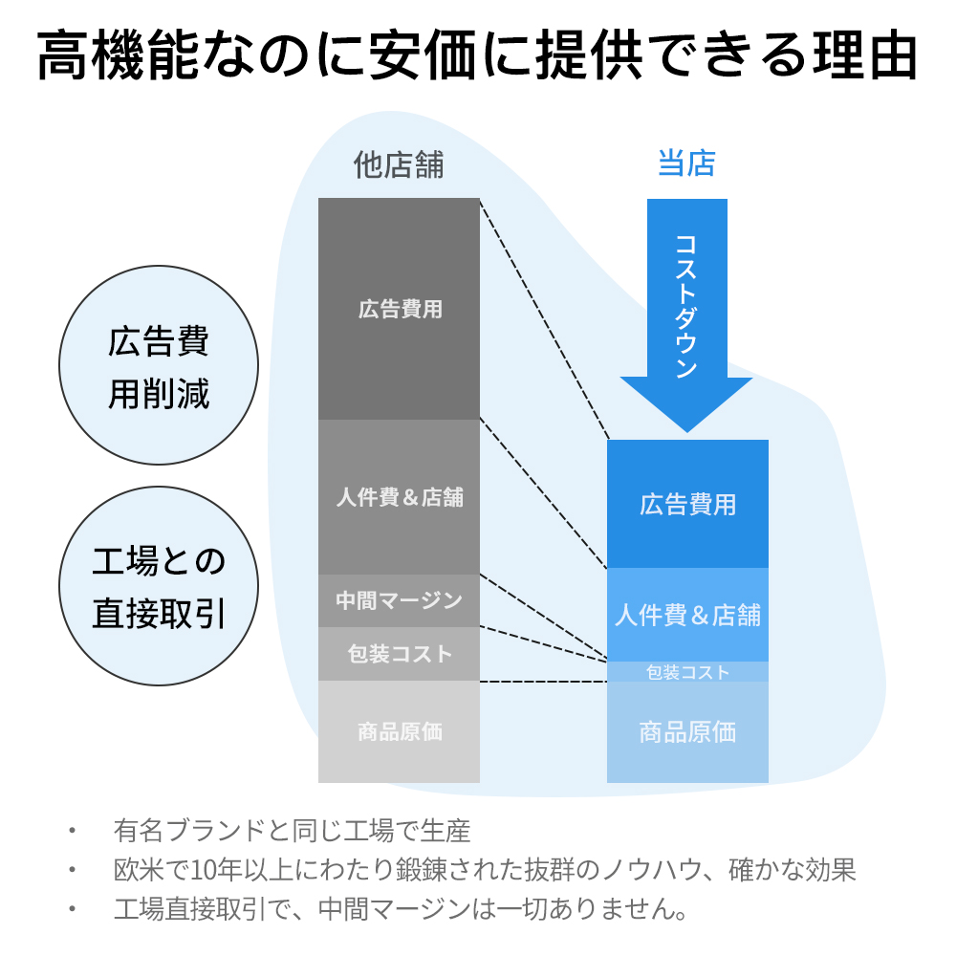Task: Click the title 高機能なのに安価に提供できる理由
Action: (x=477, y=56)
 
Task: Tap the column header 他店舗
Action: (x=399, y=164)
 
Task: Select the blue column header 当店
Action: (x=686, y=163)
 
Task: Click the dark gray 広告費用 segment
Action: (x=399, y=309)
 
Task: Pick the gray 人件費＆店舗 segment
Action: (x=399, y=497)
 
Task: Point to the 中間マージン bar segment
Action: (x=399, y=600)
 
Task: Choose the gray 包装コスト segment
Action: (x=399, y=654)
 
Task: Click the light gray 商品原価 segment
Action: (x=399, y=731)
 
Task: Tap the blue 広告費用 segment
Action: (x=687, y=504)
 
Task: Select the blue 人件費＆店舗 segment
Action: (x=687, y=615)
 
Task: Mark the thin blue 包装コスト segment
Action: (x=687, y=672)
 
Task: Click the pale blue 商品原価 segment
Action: (x=687, y=732)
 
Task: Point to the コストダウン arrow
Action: (x=687, y=315)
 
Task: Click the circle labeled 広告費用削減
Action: (x=159, y=365)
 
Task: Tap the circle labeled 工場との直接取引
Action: (x=159, y=586)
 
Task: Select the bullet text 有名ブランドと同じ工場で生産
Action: (x=292, y=831)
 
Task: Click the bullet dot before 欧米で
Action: (x=72, y=869)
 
